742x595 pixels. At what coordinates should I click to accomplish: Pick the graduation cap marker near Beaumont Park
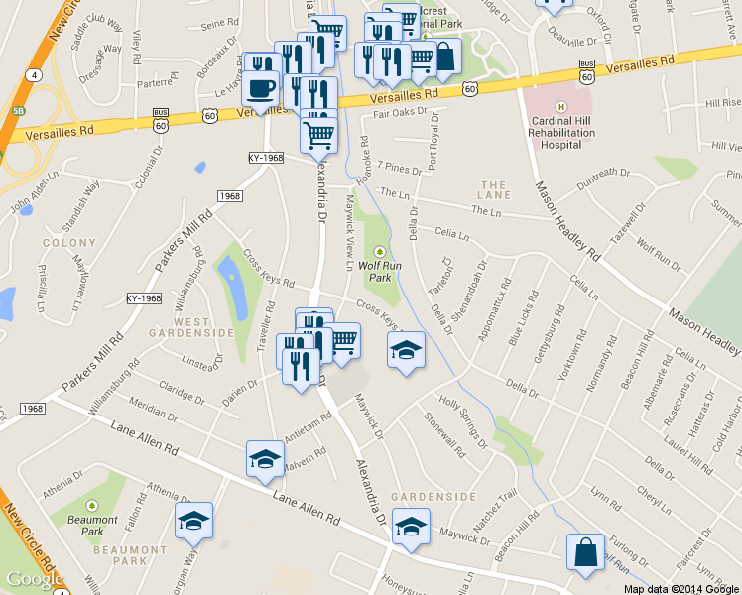tap(193, 521)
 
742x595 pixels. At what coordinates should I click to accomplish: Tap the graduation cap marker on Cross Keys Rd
tap(405, 351)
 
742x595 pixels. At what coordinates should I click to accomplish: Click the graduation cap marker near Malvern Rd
tap(265, 458)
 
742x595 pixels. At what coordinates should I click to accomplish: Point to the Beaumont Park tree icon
tap(92, 506)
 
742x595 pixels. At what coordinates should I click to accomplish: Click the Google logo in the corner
tap(35, 579)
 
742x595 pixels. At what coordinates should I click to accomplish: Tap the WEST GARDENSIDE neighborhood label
tap(179, 327)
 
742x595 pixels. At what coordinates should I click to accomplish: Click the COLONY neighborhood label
tap(69, 242)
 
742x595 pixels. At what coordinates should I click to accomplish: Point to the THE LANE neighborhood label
tap(494, 190)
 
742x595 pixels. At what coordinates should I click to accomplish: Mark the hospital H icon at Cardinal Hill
tap(561, 107)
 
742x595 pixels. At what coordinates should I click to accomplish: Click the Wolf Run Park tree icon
tap(378, 251)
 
